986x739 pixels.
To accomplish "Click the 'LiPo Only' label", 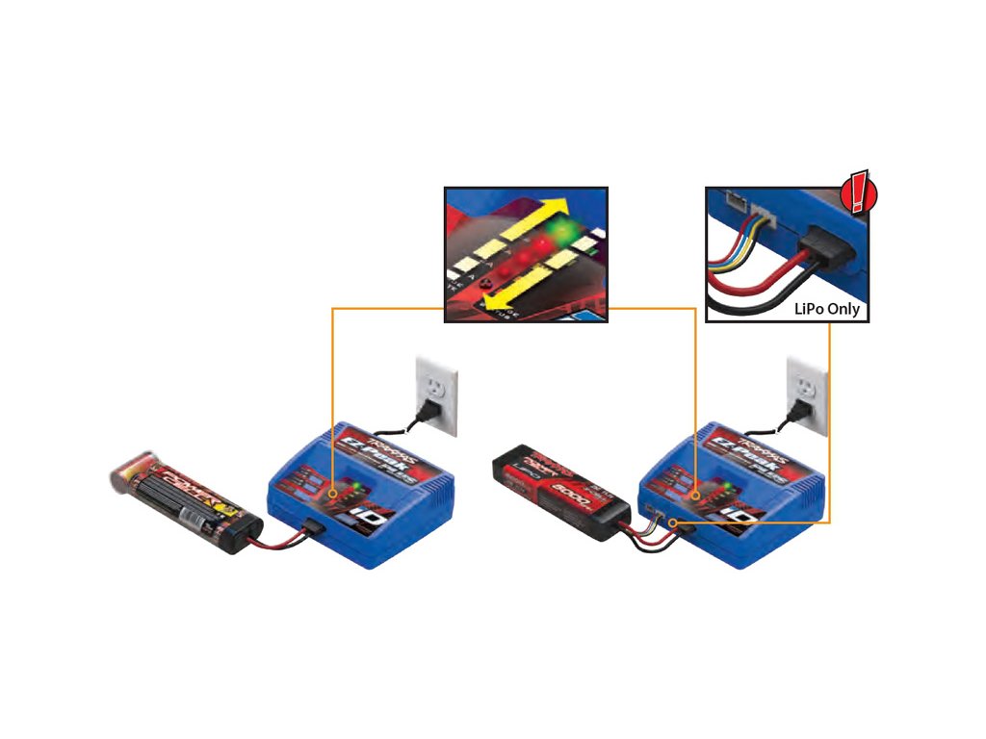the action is click(826, 310).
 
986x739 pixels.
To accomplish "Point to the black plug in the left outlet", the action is click(423, 413).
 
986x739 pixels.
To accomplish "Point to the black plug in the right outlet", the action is click(795, 413).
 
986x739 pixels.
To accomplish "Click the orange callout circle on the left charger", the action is click(334, 495).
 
